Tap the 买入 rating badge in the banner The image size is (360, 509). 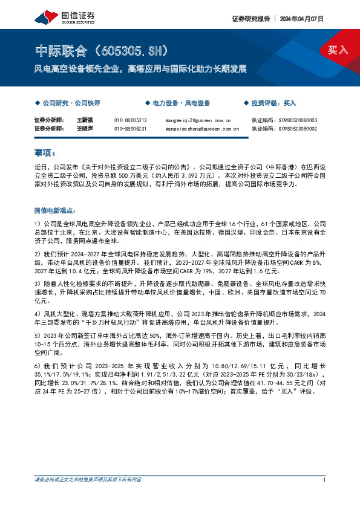tap(338, 50)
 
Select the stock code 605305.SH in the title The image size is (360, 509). tap(128, 50)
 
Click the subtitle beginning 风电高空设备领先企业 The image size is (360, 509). tap(140, 69)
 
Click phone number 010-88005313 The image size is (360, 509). tap(130, 120)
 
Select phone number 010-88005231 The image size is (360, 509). tap(130, 129)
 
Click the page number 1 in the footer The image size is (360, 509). tap(325, 480)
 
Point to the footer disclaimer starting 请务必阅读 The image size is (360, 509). tap(88, 480)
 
